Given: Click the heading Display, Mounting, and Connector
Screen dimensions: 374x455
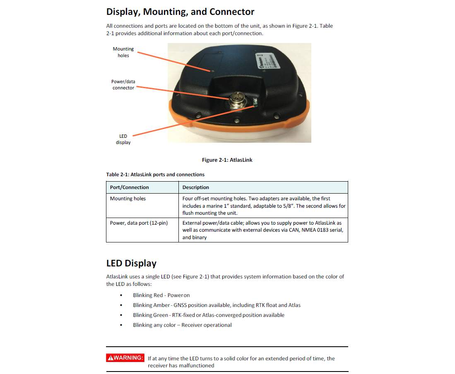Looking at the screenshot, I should pyautogui.click(x=180, y=12).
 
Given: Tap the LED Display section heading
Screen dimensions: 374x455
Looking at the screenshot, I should pyautogui.click(x=131, y=263).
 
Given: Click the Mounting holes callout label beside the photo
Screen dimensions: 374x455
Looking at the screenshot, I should pyautogui.click(x=123, y=52).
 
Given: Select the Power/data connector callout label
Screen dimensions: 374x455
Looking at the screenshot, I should pyautogui.click(x=123, y=85).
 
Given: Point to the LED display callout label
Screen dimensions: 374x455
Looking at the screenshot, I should pyautogui.click(x=123, y=139).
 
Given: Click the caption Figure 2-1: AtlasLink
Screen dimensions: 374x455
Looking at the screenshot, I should pyautogui.click(x=227, y=160).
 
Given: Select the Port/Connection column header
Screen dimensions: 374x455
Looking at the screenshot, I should pyautogui.click(x=129, y=187).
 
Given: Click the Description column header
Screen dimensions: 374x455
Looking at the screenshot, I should pyautogui.click(x=196, y=187).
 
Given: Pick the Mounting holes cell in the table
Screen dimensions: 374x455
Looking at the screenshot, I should pyautogui.click(x=128, y=199).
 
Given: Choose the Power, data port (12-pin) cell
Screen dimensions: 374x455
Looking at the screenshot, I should pyautogui.click(x=139, y=223).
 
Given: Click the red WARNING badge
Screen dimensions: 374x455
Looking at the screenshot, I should pyautogui.click(x=125, y=358).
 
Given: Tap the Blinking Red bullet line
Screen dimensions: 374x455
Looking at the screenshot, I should pyautogui.click(x=161, y=295).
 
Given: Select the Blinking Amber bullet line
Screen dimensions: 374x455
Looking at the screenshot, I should pyautogui.click(x=217, y=305).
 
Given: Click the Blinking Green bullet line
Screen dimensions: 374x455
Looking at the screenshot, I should pyautogui.click(x=209, y=315).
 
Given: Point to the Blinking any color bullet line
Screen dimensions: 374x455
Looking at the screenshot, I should pyautogui.click(x=182, y=325).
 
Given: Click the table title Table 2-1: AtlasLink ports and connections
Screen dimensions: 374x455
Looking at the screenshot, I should pyautogui.click(x=155, y=175).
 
